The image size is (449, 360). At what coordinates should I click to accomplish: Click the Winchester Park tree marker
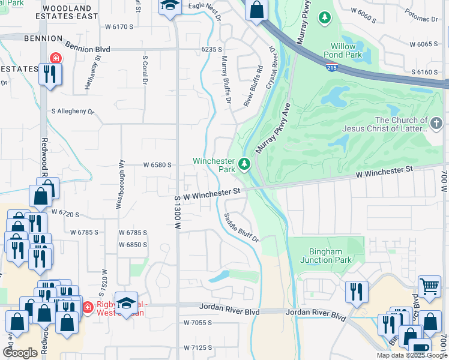244,164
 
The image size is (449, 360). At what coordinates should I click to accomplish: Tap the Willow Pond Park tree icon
325,19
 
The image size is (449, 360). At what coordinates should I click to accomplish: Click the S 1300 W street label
178,212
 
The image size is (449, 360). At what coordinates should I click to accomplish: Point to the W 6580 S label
157,164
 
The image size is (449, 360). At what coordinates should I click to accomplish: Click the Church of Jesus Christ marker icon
437,124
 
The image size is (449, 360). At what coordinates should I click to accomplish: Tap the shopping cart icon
429,286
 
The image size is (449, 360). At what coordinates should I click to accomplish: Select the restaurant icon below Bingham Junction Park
357,292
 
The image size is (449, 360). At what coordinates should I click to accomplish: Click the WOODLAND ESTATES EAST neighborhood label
71,12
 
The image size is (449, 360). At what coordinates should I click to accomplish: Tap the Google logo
20,353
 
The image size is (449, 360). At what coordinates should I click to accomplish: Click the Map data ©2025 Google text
411,355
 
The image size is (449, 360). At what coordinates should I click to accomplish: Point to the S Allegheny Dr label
73,112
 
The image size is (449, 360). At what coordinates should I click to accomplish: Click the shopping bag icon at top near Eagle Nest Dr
256,10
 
